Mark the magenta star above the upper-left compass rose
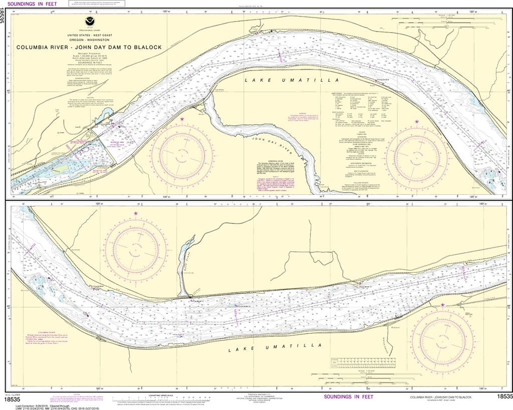click(182, 119)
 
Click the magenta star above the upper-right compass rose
click(416, 121)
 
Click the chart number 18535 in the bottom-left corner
click(12, 399)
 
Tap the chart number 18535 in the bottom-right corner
click(504, 397)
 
